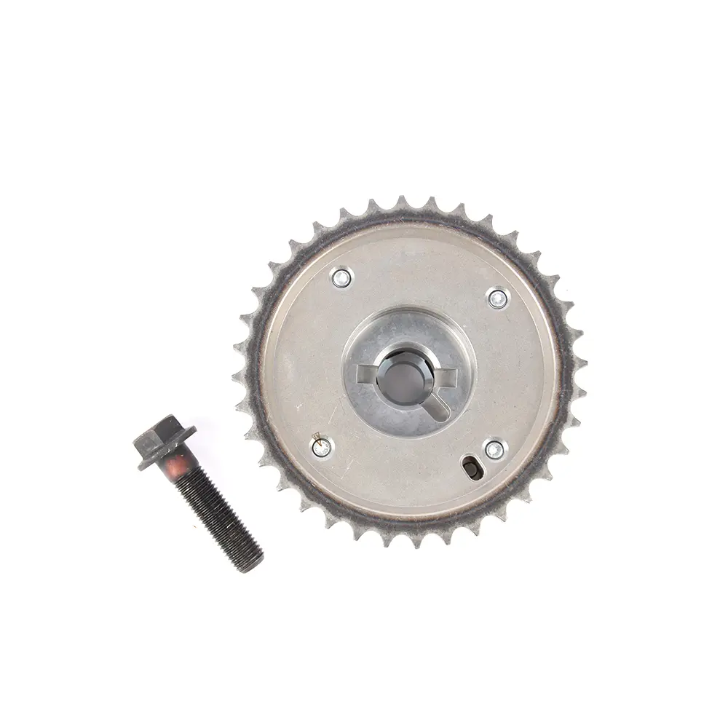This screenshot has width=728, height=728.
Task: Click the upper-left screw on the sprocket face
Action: click(x=341, y=277)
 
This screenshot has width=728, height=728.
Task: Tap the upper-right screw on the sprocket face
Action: click(x=498, y=298)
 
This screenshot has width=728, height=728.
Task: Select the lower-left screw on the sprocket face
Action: click(x=321, y=447)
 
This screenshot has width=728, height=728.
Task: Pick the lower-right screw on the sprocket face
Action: click(x=494, y=450)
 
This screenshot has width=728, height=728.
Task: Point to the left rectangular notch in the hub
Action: click(x=366, y=374)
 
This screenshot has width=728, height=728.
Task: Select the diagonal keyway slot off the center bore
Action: click(x=435, y=406)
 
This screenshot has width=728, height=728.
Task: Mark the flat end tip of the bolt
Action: click(x=251, y=563)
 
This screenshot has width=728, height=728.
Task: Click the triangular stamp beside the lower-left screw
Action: click(x=316, y=436)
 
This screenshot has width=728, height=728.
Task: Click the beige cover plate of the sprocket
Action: click(x=306, y=349)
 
